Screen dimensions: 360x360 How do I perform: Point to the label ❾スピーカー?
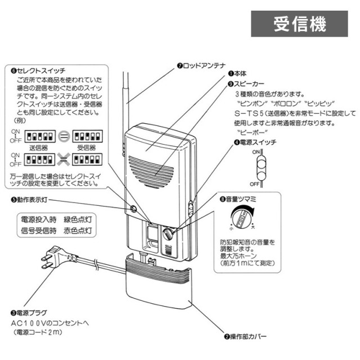point(246,83)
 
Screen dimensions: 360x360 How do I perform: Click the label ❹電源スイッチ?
point(255,143)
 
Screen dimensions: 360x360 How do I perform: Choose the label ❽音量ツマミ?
point(238,199)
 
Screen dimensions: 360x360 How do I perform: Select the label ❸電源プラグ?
point(28,312)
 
